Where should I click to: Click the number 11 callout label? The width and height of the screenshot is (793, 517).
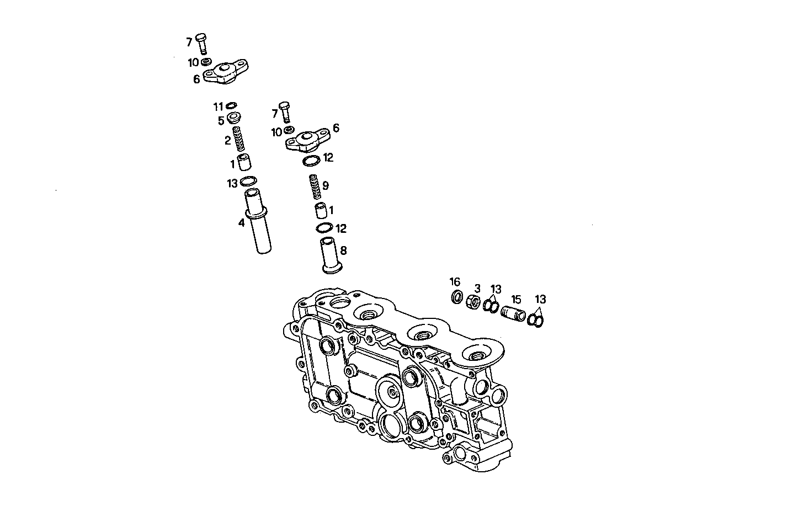coord(218,106)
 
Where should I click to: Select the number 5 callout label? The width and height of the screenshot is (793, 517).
coord(221,121)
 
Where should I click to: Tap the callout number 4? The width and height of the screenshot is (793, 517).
coord(241,223)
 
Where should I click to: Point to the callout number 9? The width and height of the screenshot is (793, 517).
coord(326,186)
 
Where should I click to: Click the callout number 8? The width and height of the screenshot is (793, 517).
coord(343,251)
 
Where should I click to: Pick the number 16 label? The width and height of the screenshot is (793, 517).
coord(455,282)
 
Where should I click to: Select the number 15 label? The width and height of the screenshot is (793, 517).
coord(516,299)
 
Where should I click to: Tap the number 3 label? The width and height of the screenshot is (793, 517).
coord(477,288)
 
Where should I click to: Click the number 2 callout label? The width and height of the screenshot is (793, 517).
coord(227,141)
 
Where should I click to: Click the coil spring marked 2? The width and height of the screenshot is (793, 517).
coord(238,139)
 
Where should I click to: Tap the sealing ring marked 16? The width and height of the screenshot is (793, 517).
coord(457,297)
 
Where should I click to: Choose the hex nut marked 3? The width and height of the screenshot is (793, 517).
coord(473,301)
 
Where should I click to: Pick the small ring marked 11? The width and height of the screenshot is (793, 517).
coord(231,105)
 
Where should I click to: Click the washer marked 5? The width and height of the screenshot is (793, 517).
coord(234,118)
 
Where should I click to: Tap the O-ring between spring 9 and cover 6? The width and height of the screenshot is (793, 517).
coord(311,161)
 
